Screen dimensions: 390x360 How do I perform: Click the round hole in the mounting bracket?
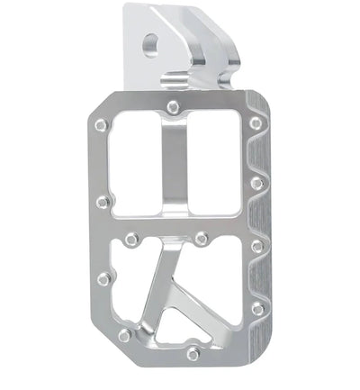pyautogui.click(x=150, y=42)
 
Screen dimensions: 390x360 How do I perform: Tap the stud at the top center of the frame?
pyautogui.click(x=173, y=107)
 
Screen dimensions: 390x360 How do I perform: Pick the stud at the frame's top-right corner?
pyautogui.click(x=256, y=122)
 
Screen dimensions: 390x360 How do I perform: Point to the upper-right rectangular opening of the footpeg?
pyautogui.click(x=215, y=167)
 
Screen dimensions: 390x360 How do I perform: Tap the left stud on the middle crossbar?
pyautogui.click(x=131, y=240)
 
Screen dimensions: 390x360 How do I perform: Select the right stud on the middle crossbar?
pyautogui.click(x=202, y=240)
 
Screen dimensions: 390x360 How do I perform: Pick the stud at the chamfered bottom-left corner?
pyautogui.click(x=123, y=336)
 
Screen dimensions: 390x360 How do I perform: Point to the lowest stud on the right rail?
pyautogui.click(x=257, y=309)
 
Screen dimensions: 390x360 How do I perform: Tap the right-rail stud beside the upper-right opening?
pyautogui.click(x=257, y=183)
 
